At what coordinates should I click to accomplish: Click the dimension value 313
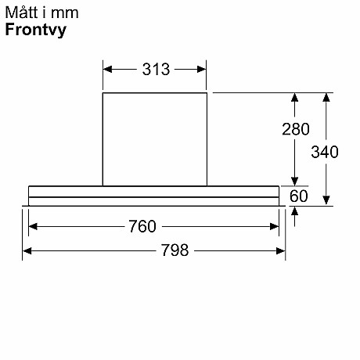point(156,69)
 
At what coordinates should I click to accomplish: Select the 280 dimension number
point(296,129)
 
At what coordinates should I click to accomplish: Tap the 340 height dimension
point(325,152)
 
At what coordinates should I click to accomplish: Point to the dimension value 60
point(299,196)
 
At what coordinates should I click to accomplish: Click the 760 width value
point(142,227)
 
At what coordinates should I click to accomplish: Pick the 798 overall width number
point(174,250)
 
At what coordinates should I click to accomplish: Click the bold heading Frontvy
point(35,31)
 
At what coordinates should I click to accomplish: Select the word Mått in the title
point(20,13)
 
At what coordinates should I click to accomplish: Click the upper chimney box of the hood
point(155,139)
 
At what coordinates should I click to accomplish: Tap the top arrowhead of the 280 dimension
point(295,99)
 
